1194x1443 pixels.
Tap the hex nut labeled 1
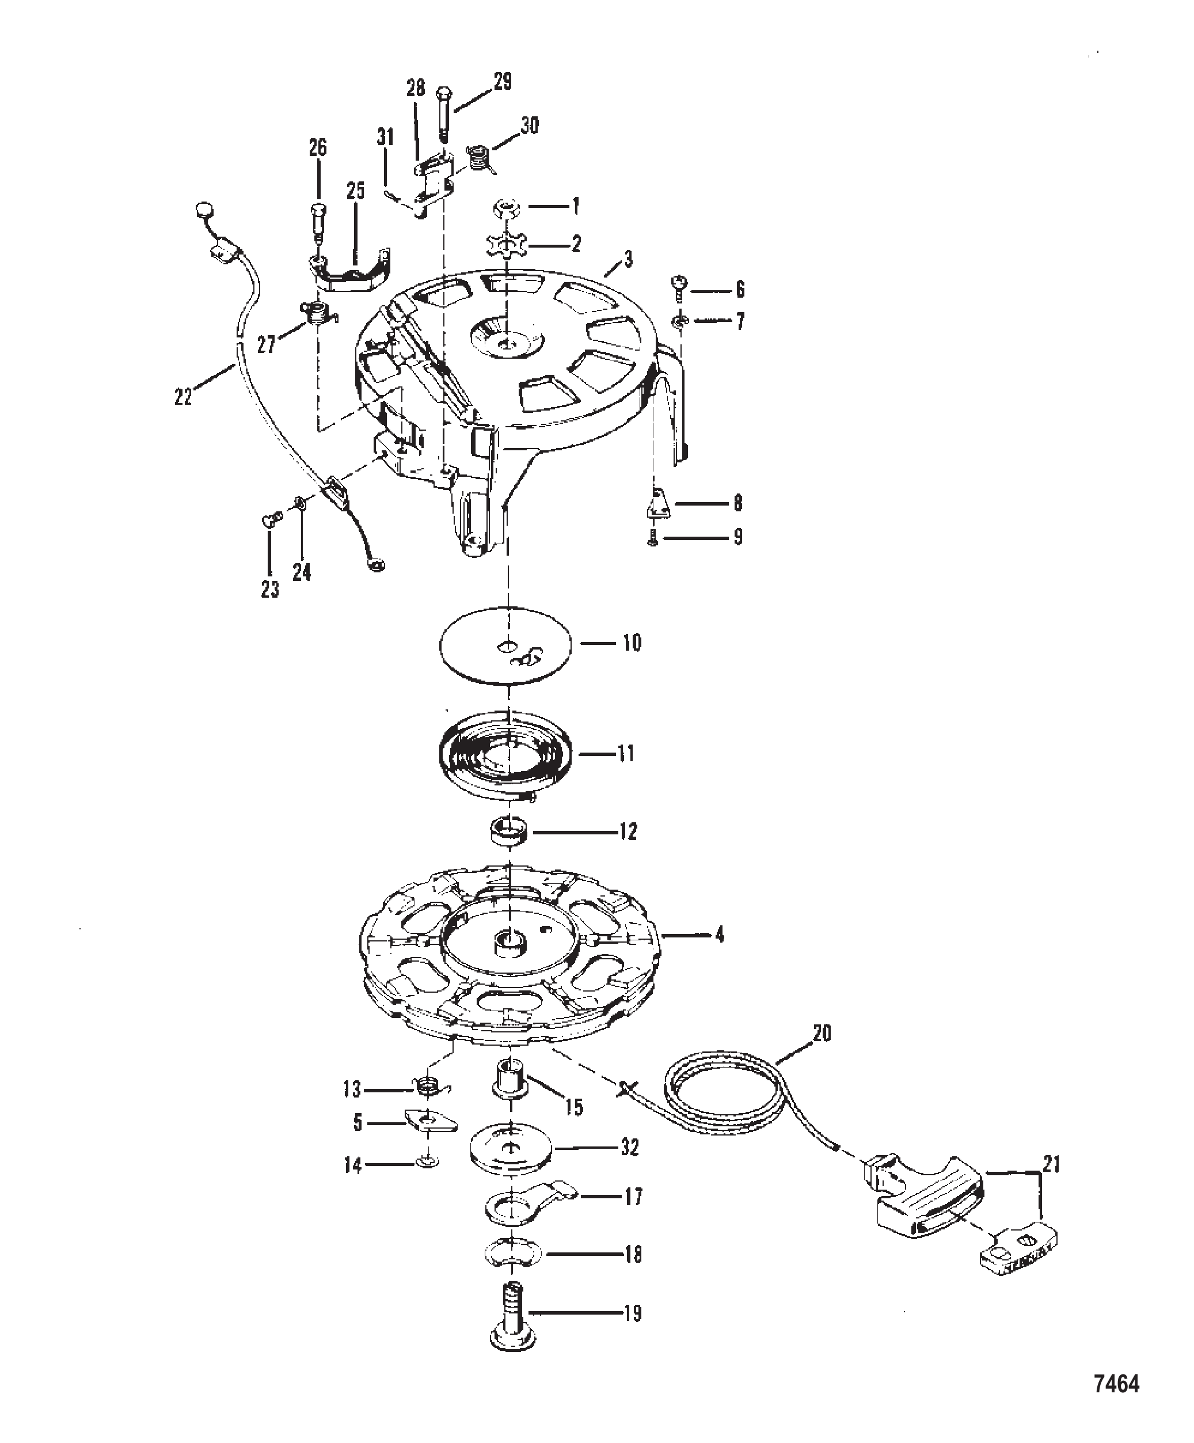506,206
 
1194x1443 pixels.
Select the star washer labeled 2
506,244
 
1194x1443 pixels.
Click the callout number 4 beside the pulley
718,935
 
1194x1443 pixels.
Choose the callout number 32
629,1148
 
